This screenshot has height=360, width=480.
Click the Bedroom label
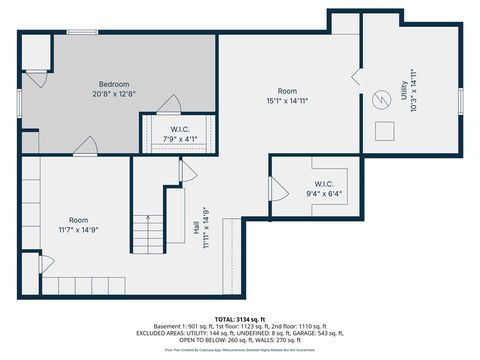[x=114, y=83]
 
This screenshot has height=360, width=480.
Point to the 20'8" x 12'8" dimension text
[x=114, y=93]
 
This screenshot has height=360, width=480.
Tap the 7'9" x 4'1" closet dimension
[x=180, y=138]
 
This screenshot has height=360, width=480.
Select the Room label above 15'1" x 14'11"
[x=288, y=91]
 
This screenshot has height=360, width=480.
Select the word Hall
[x=196, y=228]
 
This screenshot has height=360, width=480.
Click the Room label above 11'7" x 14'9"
[x=78, y=219]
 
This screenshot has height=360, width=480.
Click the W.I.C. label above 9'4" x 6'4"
[x=324, y=184]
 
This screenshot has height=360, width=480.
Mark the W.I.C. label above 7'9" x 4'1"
[x=180, y=128]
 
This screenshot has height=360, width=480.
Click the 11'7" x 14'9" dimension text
[x=78, y=228]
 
